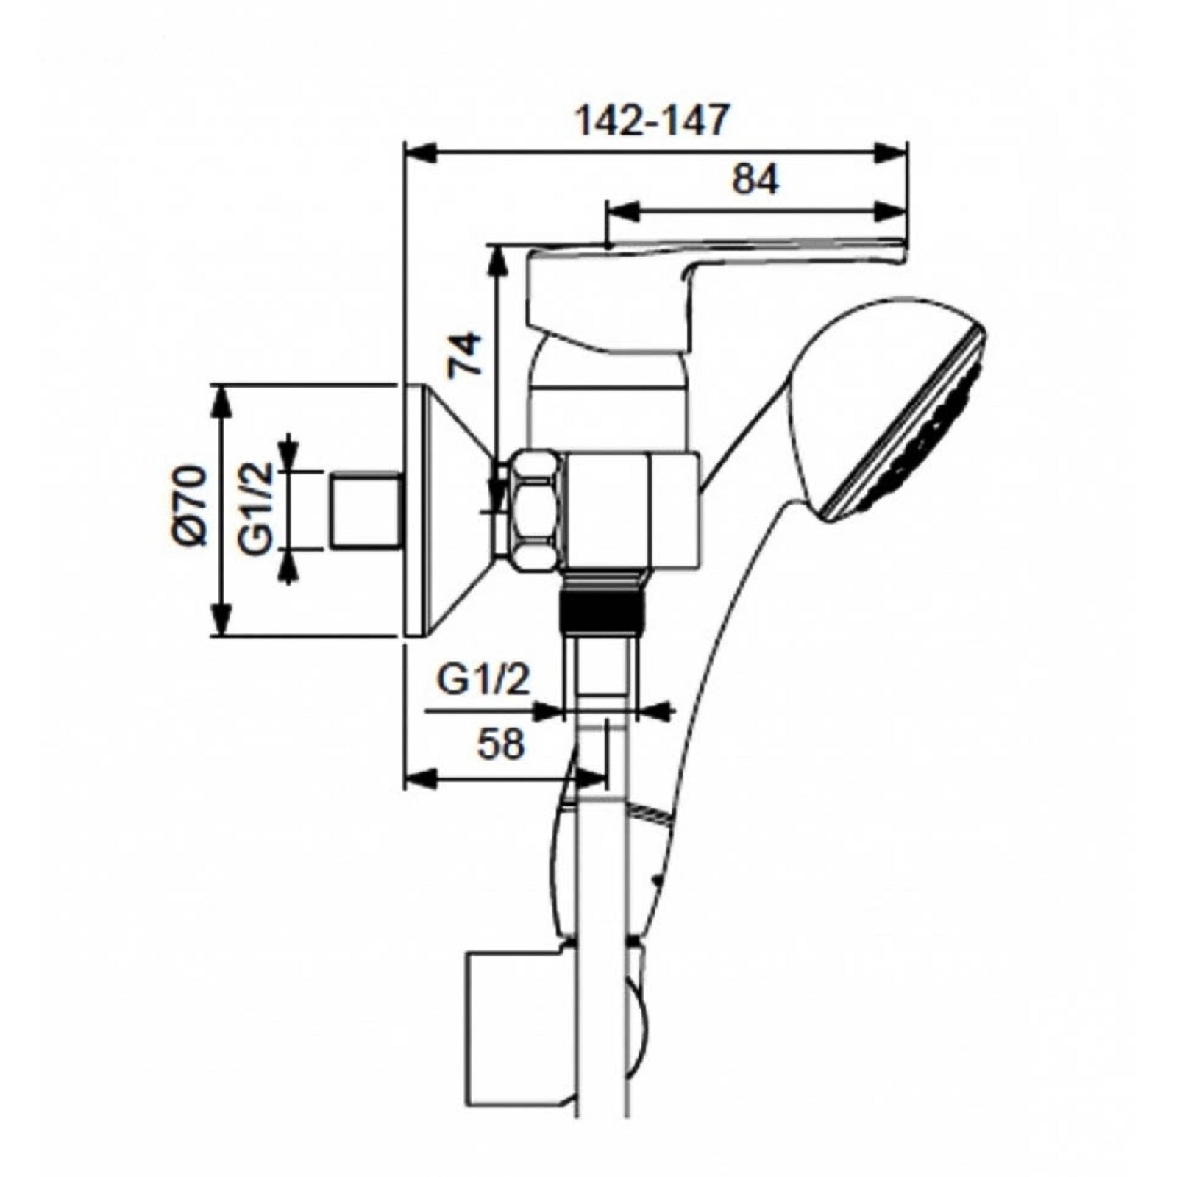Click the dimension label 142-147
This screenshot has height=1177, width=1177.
[650, 121]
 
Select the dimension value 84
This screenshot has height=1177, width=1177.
[755, 179]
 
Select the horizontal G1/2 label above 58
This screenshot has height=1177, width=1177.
[483, 680]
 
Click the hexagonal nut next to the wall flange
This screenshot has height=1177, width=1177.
[536, 511]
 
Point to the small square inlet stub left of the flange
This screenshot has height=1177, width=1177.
[365, 511]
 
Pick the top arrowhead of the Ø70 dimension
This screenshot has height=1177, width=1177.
[221, 401]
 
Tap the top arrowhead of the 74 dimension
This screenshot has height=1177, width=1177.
[498, 261]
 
